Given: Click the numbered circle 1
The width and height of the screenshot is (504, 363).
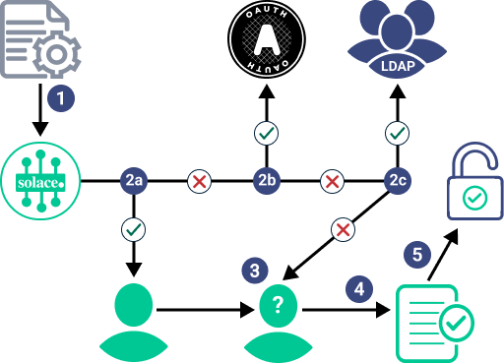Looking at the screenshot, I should pyautogui.click(x=61, y=98).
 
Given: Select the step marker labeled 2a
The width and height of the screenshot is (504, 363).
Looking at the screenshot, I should pyautogui.click(x=134, y=181).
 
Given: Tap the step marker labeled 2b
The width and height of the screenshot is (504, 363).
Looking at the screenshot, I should pyautogui.click(x=266, y=181).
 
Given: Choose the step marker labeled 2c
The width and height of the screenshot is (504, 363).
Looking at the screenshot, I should pyautogui.click(x=398, y=181).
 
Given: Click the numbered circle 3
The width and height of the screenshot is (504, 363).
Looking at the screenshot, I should pyautogui.click(x=255, y=270).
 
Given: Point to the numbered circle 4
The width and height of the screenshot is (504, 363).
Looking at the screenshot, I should pyautogui.click(x=359, y=289).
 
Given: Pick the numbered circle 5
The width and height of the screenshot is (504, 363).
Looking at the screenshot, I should pyautogui.click(x=417, y=255).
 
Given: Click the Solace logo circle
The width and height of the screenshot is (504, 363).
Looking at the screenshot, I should pyautogui.click(x=40, y=181).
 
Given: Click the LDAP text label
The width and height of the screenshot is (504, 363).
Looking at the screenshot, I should pyautogui.click(x=397, y=66).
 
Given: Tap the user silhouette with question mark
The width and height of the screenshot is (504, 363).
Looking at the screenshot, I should pyautogui.click(x=279, y=323).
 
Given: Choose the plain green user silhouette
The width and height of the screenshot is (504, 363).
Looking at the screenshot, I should pyautogui.click(x=134, y=323).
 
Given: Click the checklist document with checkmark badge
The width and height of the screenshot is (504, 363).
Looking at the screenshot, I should pyautogui.click(x=433, y=322).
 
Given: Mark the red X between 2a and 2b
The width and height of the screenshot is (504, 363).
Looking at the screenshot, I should pyautogui.click(x=200, y=181).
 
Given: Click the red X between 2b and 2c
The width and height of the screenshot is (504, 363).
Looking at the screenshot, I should pyautogui.click(x=333, y=181).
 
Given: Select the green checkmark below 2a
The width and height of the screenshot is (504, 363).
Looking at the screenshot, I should pyautogui.click(x=134, y=229).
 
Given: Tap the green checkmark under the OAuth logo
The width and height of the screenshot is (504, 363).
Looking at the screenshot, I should pyautogui.click(x=266, y=132).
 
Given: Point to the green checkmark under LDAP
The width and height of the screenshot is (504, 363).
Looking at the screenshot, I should pyautogui.click(x=398, y=132).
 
